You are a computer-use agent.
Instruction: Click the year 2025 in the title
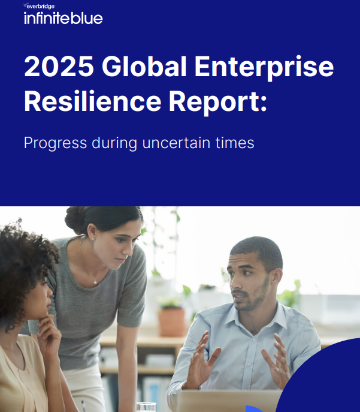click(x=58, y=67)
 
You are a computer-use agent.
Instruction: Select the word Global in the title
click(x=144, y=67)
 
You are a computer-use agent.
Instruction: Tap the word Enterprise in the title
click(x=264, y=67)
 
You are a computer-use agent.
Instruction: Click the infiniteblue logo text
click(x=63, y=18)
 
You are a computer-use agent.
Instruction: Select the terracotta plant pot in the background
click(x=172, y=321)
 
